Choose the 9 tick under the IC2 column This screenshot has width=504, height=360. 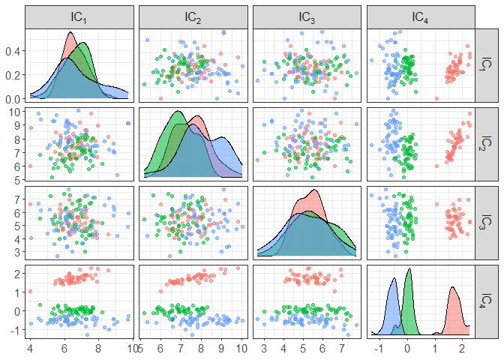[222, 349]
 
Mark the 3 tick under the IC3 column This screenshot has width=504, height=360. [264, 349]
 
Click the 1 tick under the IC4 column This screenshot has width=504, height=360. [435, 349]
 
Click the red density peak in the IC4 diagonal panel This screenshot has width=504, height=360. [452, 287]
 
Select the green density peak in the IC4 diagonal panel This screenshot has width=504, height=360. [408, 269]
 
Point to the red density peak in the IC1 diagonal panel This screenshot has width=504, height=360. [70, 33]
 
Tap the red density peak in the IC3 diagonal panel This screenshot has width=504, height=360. [314, 190]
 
